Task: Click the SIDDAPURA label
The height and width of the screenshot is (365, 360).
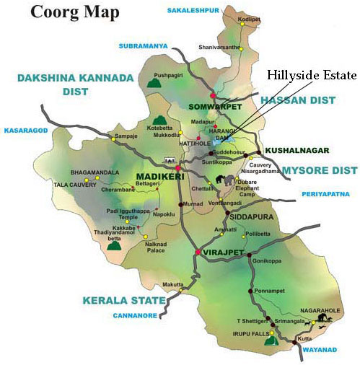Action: point(252,214)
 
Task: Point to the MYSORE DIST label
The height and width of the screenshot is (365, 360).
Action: point(319,170)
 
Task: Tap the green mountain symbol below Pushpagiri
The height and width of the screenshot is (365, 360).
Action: point(153,83)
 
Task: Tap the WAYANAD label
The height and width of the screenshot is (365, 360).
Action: point(318,349)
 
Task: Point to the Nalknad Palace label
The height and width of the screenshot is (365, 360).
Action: point(156,248)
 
